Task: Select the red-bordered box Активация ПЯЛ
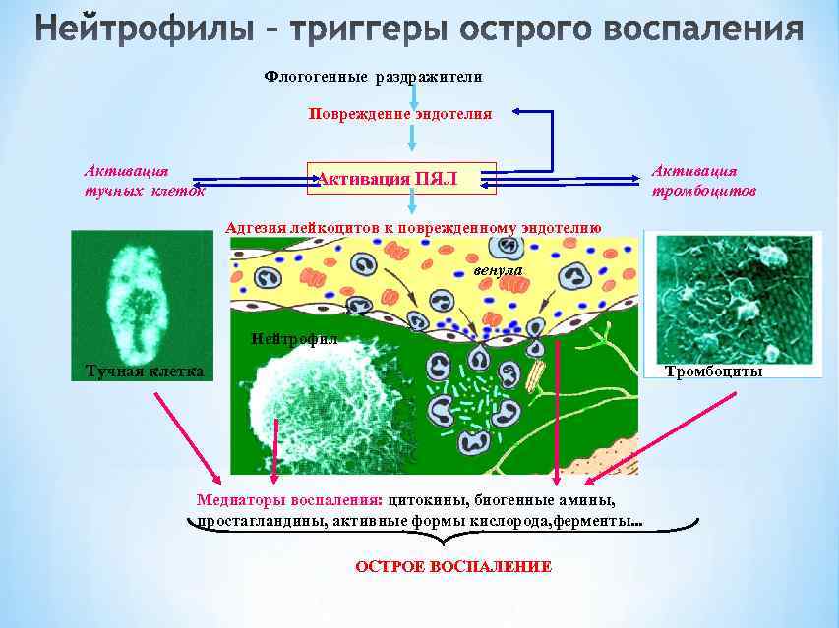tap(401, 179)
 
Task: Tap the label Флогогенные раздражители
tap(374, 77)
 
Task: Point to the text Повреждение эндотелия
tap(399, 114)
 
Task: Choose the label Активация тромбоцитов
tap(703, 180)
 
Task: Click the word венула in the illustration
tap(499, 268)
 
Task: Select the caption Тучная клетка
tap(144, 371)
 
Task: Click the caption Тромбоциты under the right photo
tap(713, 371)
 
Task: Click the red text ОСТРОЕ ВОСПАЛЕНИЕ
tap(453, 567)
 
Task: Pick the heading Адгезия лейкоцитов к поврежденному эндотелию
tap(413, 227)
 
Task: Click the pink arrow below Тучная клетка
tap(187, 433)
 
